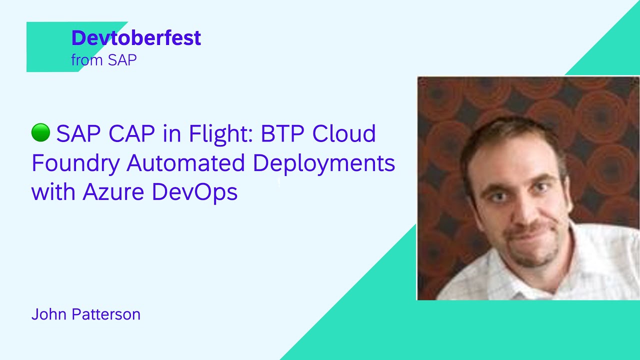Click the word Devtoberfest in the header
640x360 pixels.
136,38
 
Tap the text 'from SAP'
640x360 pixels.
104,60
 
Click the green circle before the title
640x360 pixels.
40,133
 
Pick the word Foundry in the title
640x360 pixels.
75,163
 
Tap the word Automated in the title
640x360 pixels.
186,163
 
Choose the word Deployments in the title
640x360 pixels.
324,163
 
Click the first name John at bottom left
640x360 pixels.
49,314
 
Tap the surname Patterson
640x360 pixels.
106,314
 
